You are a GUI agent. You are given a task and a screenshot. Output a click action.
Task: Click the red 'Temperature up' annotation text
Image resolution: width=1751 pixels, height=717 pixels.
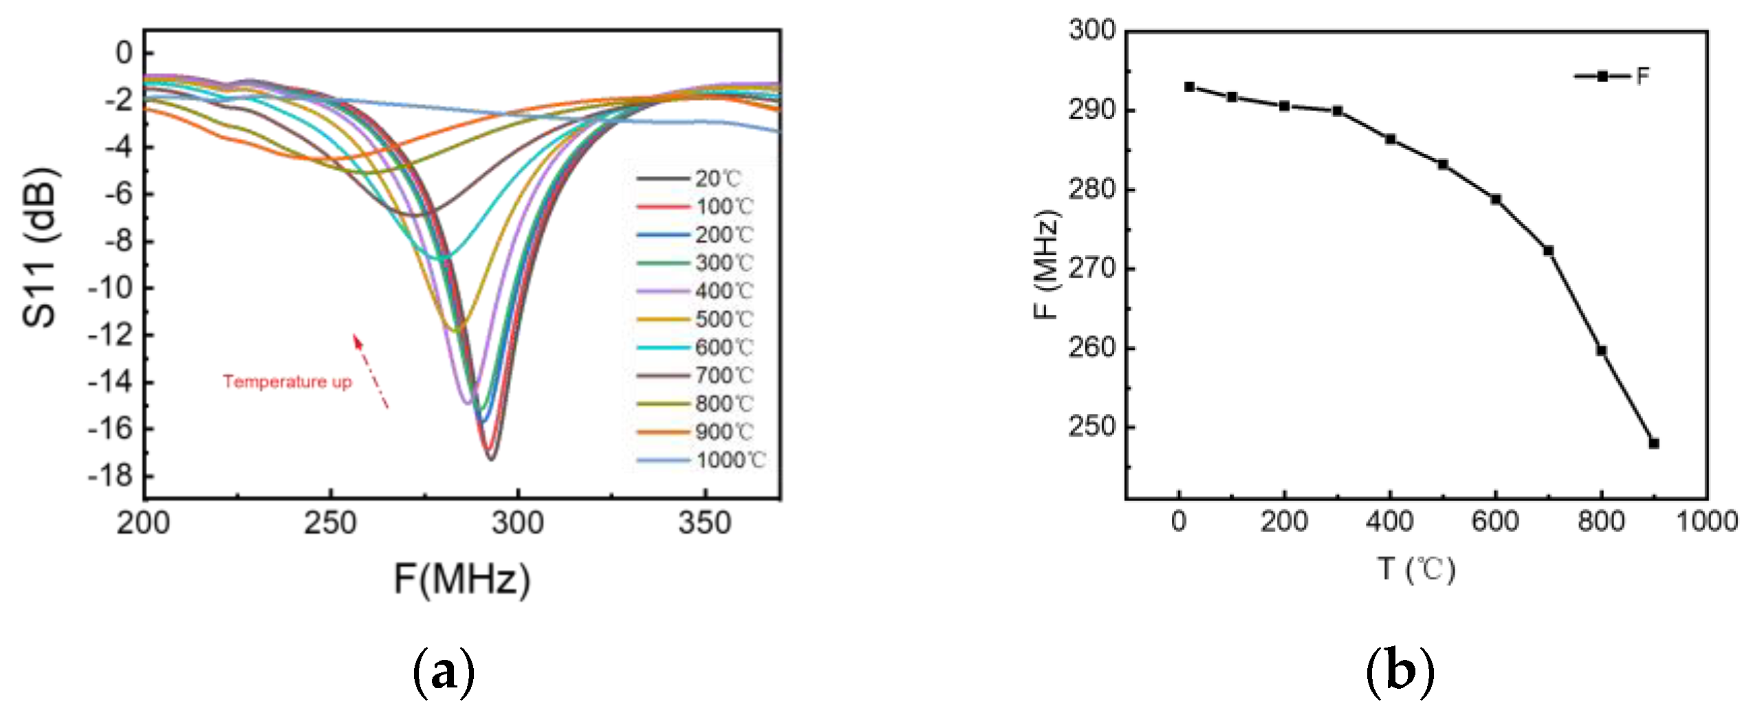click(287, 382)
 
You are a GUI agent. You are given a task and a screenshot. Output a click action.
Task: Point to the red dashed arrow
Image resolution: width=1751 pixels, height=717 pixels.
click(371, 371)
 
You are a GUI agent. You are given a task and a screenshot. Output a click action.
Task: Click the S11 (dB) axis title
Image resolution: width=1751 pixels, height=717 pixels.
click(40, 247)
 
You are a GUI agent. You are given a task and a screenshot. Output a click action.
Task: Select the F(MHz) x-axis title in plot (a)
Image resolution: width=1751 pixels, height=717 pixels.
click(461, 579)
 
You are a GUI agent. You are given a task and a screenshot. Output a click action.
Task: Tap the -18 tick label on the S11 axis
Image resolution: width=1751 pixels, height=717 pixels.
click(110, 476)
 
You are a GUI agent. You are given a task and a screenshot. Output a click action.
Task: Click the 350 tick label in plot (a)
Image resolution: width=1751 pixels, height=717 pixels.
click(704, 524)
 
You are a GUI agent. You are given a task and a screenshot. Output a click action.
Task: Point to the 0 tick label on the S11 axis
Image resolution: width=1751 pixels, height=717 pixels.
click(124, 53)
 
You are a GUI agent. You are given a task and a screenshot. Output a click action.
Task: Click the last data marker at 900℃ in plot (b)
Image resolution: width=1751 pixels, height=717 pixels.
click(1654, 443)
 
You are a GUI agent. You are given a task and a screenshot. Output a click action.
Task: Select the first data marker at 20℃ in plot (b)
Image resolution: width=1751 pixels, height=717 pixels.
click(1190, 87)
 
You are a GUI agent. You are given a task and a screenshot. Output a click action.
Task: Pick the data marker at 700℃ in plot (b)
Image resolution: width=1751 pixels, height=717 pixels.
click(1548, 250)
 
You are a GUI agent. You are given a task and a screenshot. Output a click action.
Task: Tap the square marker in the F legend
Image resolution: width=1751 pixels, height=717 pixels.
click(1602, 76)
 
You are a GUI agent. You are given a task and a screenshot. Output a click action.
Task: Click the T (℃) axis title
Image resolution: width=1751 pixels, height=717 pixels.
click(1417, 570)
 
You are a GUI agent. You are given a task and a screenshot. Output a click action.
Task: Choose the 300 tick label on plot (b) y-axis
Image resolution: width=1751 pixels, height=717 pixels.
click(1092, 30)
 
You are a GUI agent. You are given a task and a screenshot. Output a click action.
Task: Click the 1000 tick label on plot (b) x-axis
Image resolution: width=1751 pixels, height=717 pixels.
click(1707, 522)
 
